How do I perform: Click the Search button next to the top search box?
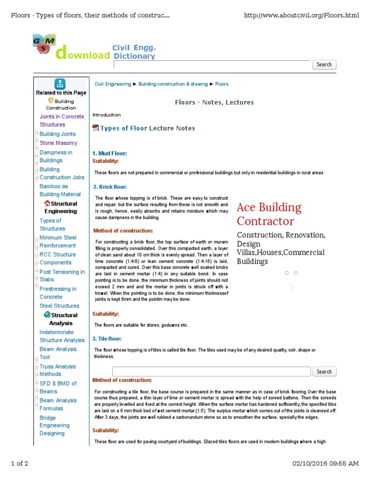pos(324,65)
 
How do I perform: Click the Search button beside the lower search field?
pos(324,372)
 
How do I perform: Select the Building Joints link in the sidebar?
pos(57,134)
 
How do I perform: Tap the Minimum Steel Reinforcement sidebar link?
pos(58,242)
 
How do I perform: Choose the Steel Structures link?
pos(59,306)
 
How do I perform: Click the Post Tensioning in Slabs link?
pos(62,275)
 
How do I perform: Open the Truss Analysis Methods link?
pos(57,370)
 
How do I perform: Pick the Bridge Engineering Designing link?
pos(54,426)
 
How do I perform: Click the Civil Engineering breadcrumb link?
pos(112,84)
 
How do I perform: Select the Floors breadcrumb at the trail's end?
pos(222,84)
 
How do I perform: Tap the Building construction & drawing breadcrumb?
pos(173,84)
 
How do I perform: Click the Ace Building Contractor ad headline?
pos(269,214)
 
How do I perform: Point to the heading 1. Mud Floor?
pos(109,153)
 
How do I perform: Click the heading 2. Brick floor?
pos(110,187)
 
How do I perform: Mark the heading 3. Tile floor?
pos(107,339)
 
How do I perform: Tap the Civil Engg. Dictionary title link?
pos(133,52)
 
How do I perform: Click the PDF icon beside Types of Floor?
pos(95,128)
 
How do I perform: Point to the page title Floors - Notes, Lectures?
pos(214,102)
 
